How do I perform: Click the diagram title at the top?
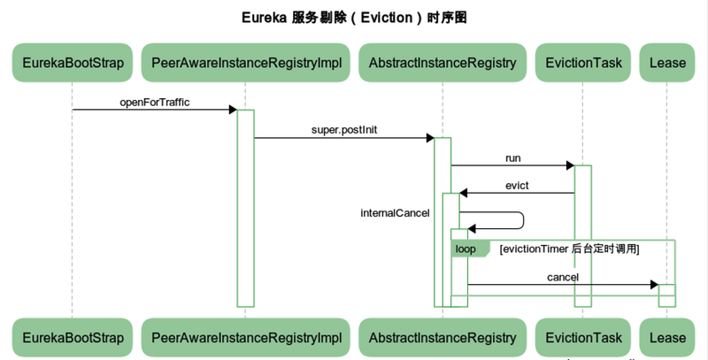[354, 17]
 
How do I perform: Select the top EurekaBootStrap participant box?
[73, 63]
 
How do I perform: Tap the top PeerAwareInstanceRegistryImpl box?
[246, 63]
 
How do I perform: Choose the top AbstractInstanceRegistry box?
[442, 63]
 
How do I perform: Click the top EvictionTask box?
[583, 63]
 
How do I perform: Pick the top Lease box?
[667, 63]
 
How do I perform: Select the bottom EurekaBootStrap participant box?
[73, 338]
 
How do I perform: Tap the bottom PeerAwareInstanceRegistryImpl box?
[246, 338]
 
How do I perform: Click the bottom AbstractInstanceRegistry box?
[442, 338]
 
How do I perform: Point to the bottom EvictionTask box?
[583, 338]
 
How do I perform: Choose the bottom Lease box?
[667, 338]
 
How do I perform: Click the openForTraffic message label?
[155, 103]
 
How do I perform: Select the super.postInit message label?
[344, 130]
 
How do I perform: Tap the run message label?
[513, 158]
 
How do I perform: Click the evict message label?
[517, 186]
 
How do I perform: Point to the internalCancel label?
[395, 213]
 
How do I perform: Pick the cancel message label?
[563, 278]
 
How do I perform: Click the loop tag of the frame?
[466, 249]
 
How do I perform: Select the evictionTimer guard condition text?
[569, 249]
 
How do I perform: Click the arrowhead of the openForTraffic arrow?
[233, 110]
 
